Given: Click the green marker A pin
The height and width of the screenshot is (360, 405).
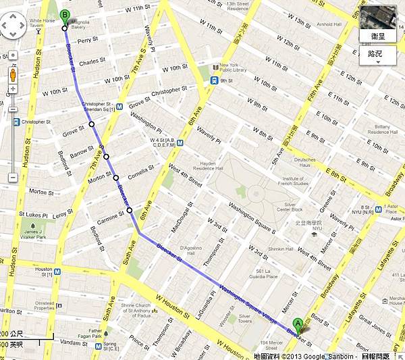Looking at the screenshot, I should point(298,324).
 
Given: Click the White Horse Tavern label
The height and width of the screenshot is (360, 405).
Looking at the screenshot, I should point(41,24).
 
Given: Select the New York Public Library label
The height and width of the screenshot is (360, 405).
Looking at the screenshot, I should point(228,69).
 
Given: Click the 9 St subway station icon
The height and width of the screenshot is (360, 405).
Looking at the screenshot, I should point(213,81).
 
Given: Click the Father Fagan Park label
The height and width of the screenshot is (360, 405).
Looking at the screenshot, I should point(93,334).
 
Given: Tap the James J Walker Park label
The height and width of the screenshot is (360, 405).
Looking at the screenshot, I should point(34,234).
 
